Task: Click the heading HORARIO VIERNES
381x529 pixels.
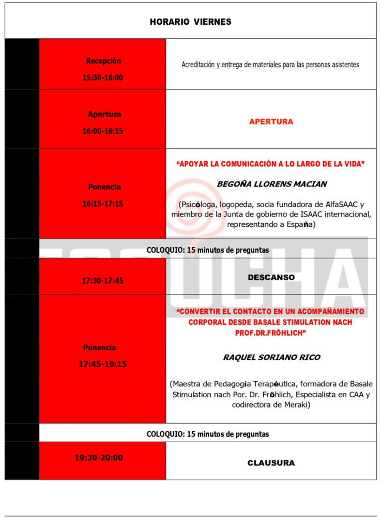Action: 190,22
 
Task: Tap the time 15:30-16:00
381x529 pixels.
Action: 103,77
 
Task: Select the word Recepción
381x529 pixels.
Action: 103,60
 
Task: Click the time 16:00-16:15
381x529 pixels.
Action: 103,131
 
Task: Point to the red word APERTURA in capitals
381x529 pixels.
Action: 271,121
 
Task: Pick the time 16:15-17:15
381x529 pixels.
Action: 103,204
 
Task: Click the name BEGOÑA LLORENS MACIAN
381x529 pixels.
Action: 271,184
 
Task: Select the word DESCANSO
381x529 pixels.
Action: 271,277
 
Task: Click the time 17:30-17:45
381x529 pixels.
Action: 102,281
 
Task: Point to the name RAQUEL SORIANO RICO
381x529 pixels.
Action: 271,357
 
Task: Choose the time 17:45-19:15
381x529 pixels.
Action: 102,364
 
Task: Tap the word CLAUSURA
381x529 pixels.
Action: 271,463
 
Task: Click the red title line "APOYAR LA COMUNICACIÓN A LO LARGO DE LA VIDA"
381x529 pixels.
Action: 271,164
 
